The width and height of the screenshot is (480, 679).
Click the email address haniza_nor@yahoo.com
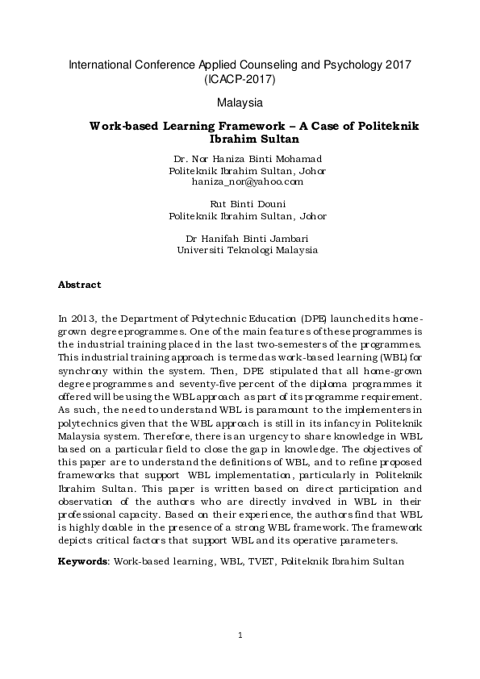click(247, 182)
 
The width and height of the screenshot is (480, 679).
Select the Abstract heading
click(80, 285)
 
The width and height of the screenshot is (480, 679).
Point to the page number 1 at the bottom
click(240, 636)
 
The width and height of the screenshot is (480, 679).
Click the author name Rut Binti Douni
click(248, 204)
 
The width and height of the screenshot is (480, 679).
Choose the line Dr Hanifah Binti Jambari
click(248, 238)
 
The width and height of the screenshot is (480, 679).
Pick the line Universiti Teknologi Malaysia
click(248, 250)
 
